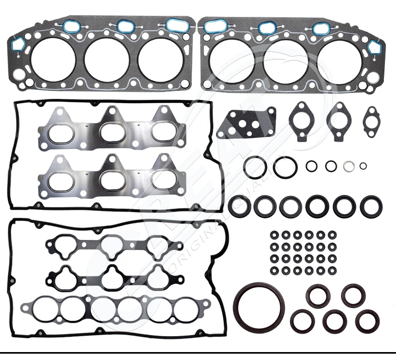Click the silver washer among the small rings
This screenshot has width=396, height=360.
[349, 166]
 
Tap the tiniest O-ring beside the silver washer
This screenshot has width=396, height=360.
[363, 166]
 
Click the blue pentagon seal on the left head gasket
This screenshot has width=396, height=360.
[17, 44]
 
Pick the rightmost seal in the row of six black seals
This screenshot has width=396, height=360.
[370, 206]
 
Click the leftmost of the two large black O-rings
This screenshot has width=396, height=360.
[256, 168]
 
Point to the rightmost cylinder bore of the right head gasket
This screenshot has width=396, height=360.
[341, 60]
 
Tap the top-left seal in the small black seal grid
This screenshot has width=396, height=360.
[274, 234]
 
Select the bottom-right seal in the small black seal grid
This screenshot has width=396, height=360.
[332, 271]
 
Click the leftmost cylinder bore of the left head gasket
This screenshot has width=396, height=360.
[52, 60]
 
